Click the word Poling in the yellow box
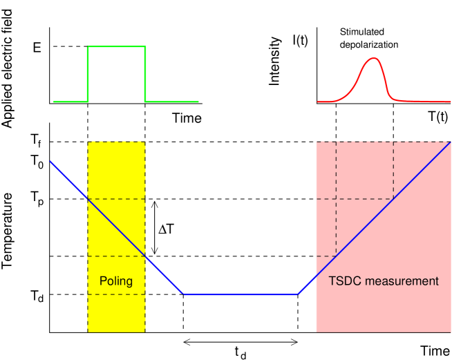pyautogui.click(x=116, y=281)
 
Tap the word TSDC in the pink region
pyautogui.click(x=344, y=281)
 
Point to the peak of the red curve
pyautogui.click(x=373, y=58)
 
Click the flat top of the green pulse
pyautogui.click(x=116, y=47)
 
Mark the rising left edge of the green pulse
pyautogui.click(x=88, y=75)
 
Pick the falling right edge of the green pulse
pyautogui.click(x=145, y=75)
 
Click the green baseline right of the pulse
pyautogui.click(x=172, y=102)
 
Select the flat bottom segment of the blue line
pyautogui.click(x=241, y=294)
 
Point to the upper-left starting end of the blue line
pyautogui.click(x=50, y=162)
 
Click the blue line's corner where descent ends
pyautogui.click(x=184, y=294)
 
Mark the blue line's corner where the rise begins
pyautogui.click(x=298, y=294)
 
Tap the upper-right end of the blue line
pyautogui.click(x=450, y=142)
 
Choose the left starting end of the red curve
pyautogui.click(x=319, y=102)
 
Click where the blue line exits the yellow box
pyautogui.click(x=145, y=256)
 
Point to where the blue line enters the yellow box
pyautogui.click(x=88, y=199)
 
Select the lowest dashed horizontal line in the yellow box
pyautogui.click(x=116, y=294)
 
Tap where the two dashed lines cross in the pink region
pyautogui.click(x=336, y=199)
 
